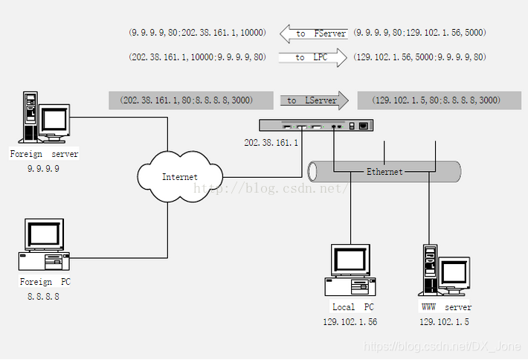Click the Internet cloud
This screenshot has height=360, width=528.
(x=180, y=177)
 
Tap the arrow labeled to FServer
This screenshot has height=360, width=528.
(x=313, y=33)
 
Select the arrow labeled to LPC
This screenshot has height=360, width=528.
(x=313, y=57)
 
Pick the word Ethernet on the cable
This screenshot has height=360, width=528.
(x=384, y=172)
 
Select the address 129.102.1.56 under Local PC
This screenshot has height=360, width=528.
(x=350, y=321)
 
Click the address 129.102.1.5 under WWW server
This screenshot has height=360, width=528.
(x=444, y=321)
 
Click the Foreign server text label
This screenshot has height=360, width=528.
(x=44, y=154)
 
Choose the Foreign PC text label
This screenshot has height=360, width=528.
(x=46, y=283)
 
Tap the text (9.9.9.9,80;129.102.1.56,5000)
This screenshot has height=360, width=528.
(x=419, y=33)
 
